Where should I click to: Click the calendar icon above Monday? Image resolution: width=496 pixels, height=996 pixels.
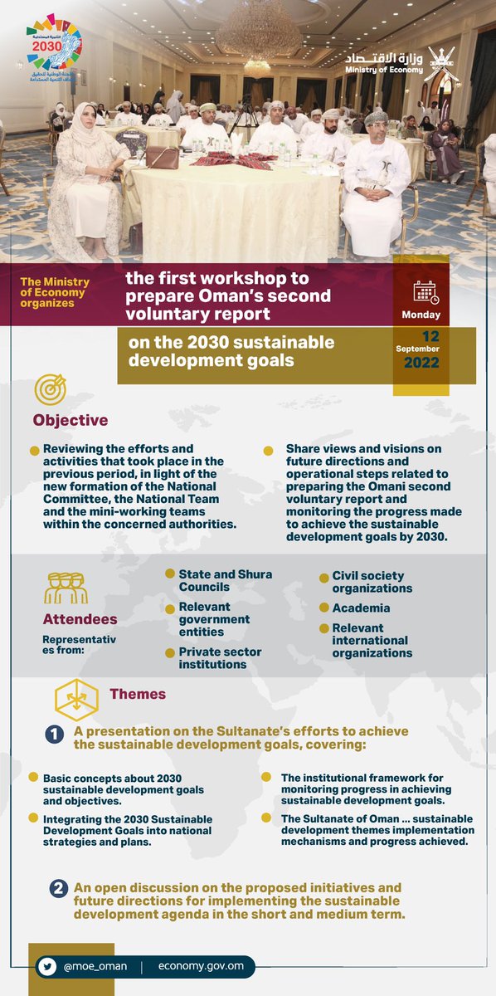point(426,292)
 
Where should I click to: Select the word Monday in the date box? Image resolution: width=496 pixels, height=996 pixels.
point(421,315)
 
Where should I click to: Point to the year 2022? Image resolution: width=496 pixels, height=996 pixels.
point(421,363)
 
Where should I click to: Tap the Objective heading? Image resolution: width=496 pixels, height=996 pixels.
point(71,420)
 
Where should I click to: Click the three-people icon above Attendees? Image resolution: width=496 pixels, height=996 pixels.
point(65,586)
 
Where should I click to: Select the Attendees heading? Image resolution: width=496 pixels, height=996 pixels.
point(80,619)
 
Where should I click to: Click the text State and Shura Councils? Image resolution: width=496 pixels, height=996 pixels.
point(225,580)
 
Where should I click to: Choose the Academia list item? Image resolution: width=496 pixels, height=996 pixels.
point(361,608)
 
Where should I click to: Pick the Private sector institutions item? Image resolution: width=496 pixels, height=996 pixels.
point(220,658)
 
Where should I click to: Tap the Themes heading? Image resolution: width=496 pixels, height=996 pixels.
point(138,694)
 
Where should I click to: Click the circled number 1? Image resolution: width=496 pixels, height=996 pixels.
point(53,735)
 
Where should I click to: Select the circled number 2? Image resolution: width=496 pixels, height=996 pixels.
point(58,889)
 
